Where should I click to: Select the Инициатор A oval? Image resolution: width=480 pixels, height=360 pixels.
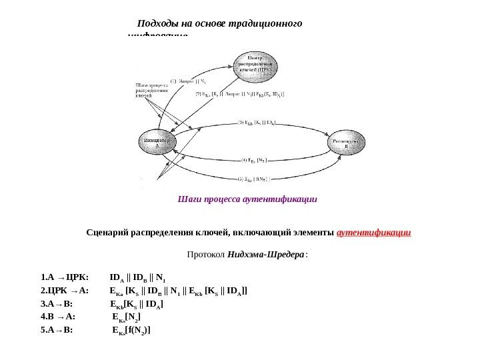158,143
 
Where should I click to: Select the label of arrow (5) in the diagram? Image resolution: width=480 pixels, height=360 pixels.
256,179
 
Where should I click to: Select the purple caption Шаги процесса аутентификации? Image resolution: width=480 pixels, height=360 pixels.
247,199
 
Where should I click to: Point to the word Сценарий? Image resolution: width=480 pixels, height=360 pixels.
107,233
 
